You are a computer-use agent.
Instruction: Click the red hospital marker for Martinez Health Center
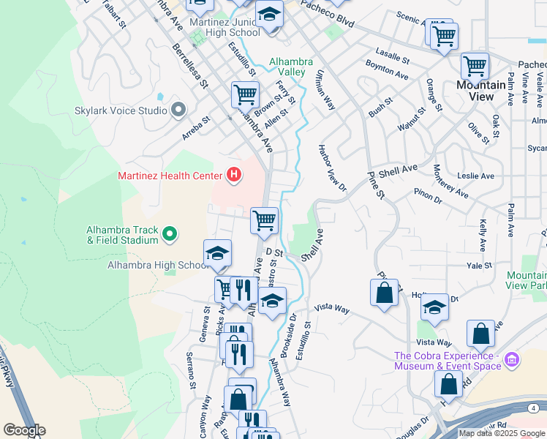tap(234, 175)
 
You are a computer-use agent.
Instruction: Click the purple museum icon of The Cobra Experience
tap(511, 359)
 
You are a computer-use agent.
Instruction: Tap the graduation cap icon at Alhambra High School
tap(217, 253)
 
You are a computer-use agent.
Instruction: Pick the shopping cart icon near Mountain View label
tap(475, 67)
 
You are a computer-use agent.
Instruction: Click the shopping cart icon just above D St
tap(264, 219)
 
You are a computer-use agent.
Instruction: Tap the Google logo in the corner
tap(24, 430)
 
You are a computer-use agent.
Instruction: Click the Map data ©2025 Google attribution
tap(502, 433)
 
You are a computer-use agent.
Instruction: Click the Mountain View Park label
tap(526, 281)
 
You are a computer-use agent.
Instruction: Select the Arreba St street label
tap(195, 129)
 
